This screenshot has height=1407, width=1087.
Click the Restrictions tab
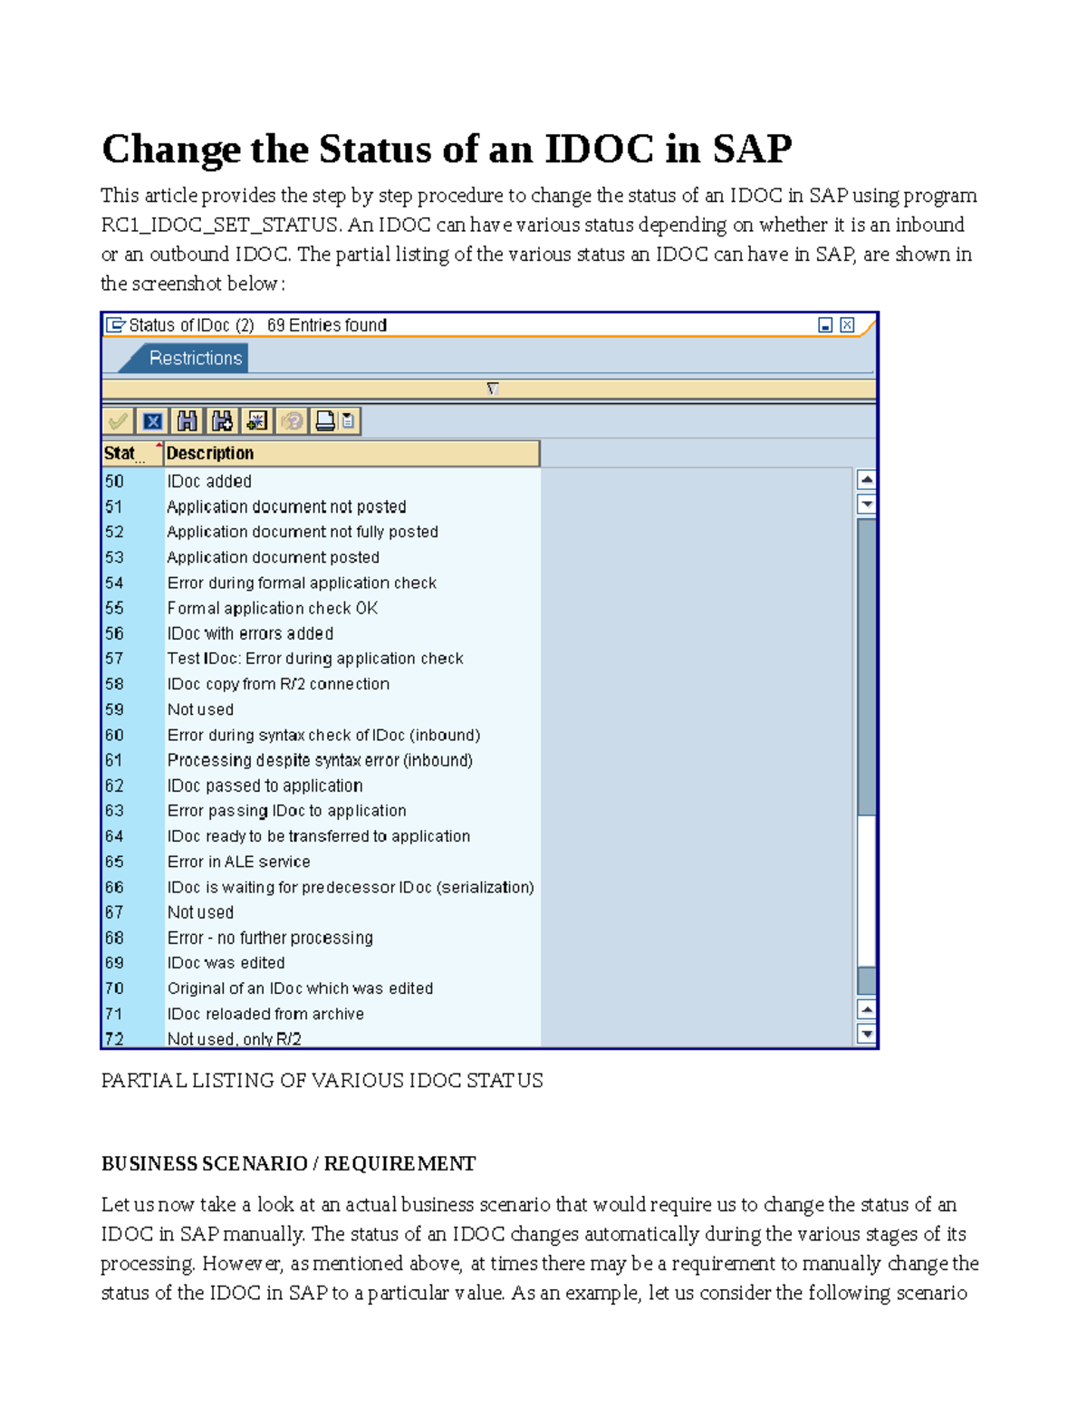pos(195,358)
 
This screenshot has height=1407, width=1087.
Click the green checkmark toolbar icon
pos(118,421)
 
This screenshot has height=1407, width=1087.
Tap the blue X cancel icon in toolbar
pos(152,421)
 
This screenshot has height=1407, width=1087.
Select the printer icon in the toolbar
pos(325,421)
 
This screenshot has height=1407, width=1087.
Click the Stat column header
pos(120,453)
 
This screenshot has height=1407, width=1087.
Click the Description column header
pos(210,453)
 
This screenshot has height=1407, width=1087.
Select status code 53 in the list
pos(114,557)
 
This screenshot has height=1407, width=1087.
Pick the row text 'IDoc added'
pos(209,481)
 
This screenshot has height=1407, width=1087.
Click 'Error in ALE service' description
pos(238,862)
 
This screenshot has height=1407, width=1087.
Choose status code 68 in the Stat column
pos(114,938)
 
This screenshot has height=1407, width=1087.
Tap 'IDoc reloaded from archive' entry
pos(265,1014)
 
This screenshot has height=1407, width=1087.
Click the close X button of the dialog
pos(847,325)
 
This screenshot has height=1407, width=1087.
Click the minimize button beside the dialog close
pos(825,325)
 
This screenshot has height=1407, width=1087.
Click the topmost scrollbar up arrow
pos(867,480)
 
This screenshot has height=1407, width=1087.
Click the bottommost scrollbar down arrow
pos(867,1034)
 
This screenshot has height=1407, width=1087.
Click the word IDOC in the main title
pos(598,149)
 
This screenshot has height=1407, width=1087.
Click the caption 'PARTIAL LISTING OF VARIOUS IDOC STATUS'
pos(322,1080)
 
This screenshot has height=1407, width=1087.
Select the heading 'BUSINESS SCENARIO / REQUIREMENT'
pos(288,1163)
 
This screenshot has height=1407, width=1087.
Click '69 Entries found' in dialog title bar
pos(326,325)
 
